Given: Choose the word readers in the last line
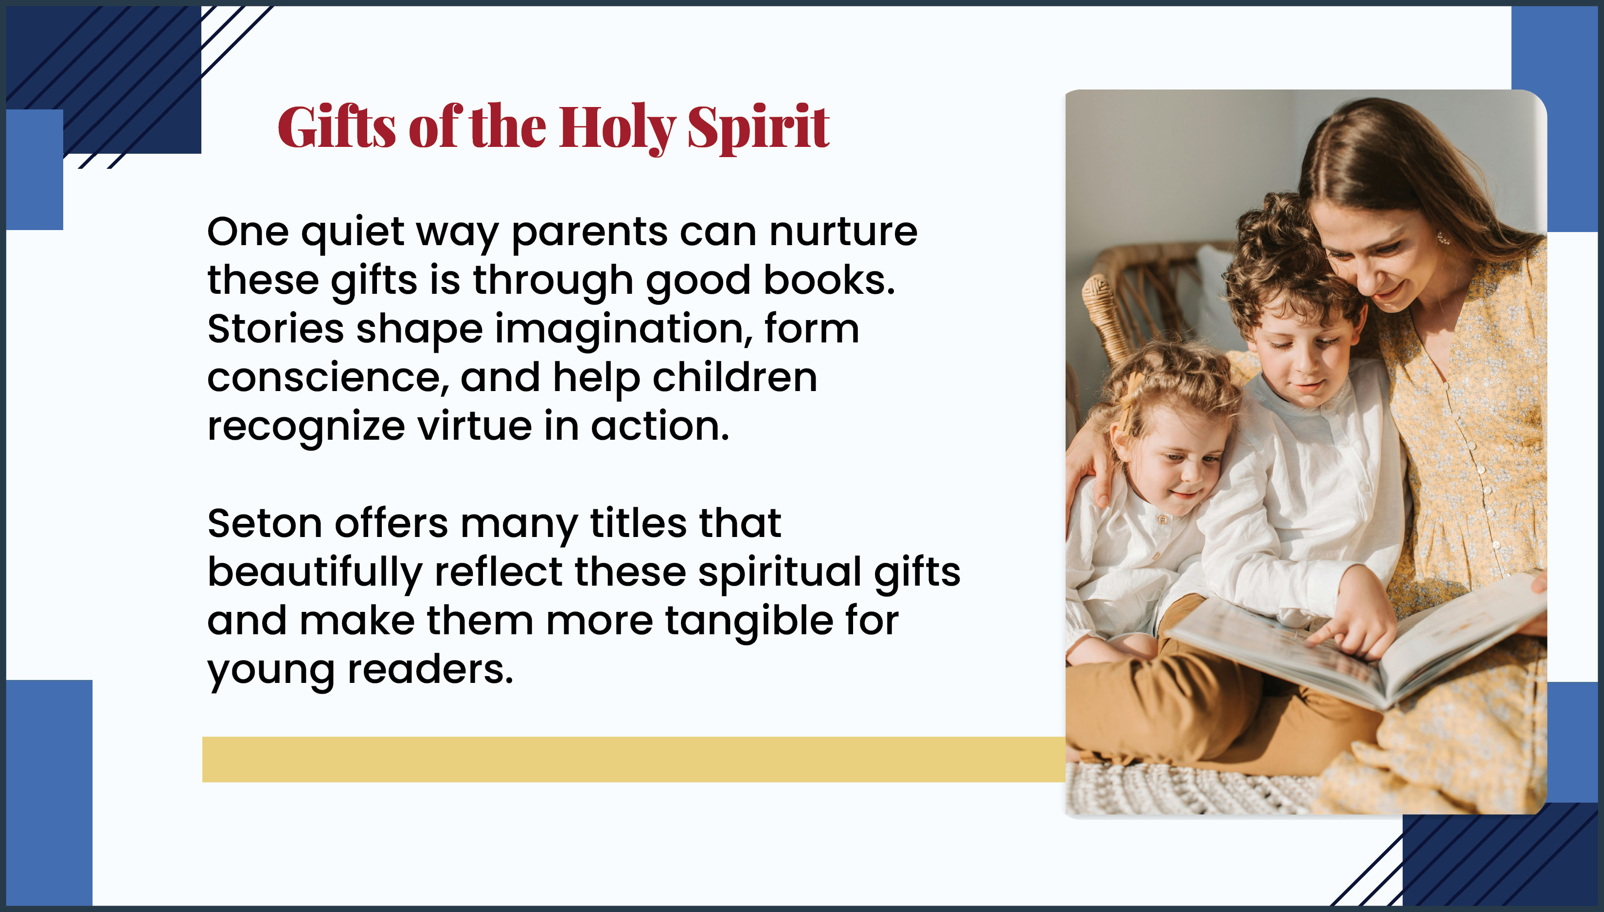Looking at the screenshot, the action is (430, 670).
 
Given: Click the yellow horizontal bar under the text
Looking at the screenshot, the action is (634, 759).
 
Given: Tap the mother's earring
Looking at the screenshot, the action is (1443, 238).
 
